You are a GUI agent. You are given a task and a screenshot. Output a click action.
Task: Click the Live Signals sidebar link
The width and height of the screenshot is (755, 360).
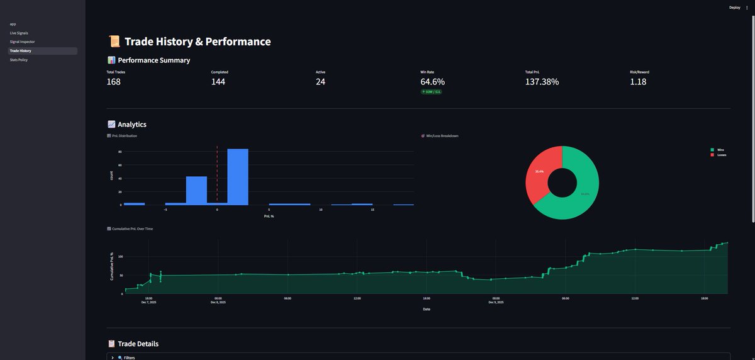19,33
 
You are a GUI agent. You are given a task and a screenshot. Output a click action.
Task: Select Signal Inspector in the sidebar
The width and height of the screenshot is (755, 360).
23,42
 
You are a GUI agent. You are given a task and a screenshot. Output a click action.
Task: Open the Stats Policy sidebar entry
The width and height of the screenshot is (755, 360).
19,60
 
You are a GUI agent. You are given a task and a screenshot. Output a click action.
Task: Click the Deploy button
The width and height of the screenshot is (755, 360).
734,8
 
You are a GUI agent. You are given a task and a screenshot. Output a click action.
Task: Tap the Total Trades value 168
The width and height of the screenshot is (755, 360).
113,82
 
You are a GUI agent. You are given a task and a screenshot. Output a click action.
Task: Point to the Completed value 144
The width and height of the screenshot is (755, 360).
218,82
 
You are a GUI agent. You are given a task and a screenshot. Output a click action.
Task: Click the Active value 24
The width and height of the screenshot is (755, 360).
321,82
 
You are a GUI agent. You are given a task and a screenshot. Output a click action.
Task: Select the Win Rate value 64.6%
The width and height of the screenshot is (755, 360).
433,82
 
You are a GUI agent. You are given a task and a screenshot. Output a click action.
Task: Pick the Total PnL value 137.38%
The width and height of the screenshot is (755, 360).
542,82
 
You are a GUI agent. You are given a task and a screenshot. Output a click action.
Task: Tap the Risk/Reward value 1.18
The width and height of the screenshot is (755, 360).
638,82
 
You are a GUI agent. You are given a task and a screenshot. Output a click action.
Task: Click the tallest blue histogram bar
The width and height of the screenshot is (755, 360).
237,176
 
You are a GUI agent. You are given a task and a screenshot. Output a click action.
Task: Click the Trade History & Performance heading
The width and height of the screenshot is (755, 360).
198,42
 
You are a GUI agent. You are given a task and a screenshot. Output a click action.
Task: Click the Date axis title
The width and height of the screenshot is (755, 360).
426,309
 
